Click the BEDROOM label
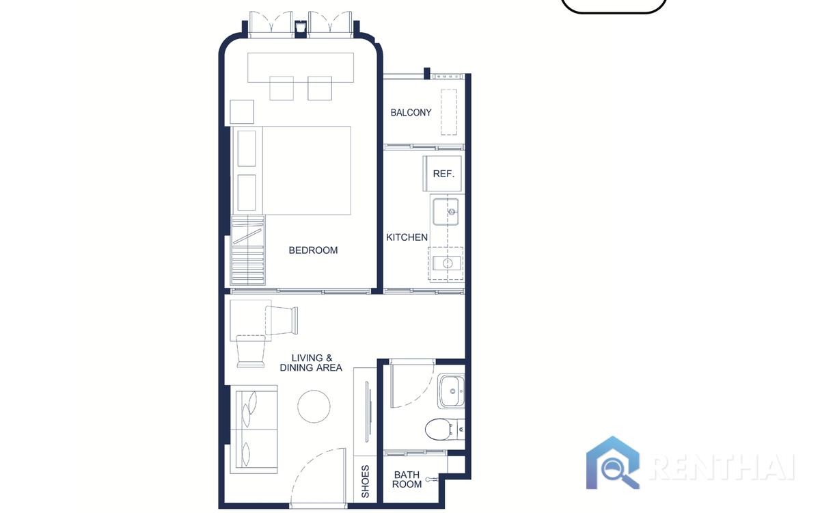pos(313,250)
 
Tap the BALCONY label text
pos(411,112)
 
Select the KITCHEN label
pos(407,237)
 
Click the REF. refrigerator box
pos(442,173)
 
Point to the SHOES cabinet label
pos(366,482)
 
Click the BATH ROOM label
pos(407,479)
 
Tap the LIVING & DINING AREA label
pos(311,363)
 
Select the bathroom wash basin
pos(452,391)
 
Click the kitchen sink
pos(446,212)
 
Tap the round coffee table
pos(314,406)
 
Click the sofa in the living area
pos(254,429)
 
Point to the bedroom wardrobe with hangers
pos(248,250)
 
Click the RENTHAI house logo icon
pos(612,463)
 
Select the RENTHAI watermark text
pos(722,468)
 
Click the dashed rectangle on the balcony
pos(449,112)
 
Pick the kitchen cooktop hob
pos(446,263)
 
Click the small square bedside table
pos(242,111)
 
